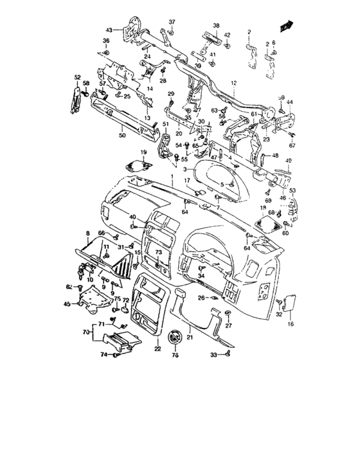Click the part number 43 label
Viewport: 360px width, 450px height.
coord(109,30)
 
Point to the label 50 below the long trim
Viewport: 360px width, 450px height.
coord(122,136)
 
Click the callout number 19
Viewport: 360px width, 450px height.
coord(143,152)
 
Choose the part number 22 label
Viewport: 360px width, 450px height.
coord(157,349)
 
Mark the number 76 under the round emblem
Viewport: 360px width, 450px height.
coord(174,355)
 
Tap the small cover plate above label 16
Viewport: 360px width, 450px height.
coord(289,302)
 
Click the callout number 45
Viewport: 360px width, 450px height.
coord(66,304)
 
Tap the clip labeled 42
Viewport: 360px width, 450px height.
coord(228,46)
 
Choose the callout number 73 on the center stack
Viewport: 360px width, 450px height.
coord(158,253)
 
